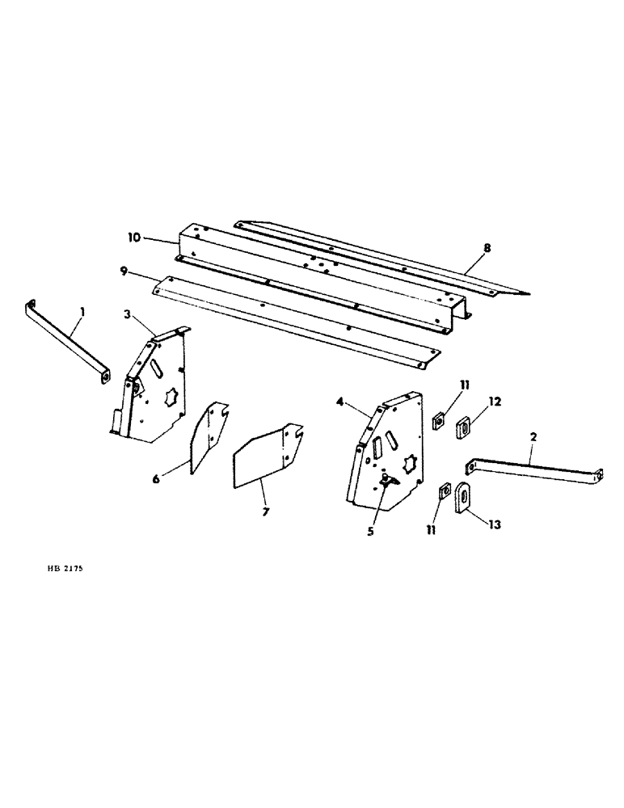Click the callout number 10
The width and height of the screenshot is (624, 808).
point(133,238)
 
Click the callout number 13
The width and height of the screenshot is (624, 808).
point(495,524)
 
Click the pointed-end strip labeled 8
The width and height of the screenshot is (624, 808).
point(380,255)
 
